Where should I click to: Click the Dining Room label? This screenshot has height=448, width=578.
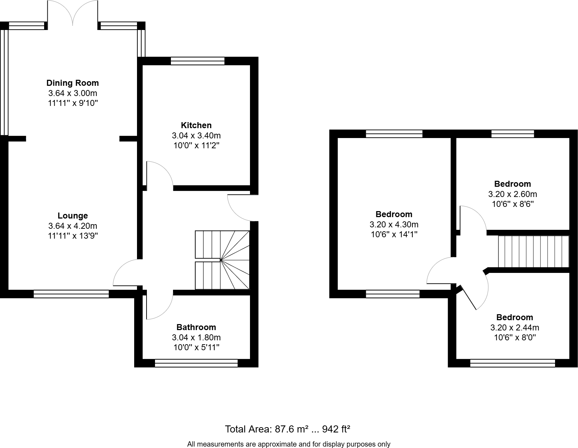pyautogui.click(x=73, y=83)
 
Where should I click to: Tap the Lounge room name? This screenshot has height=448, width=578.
pyautogui.click(x=73, y=216)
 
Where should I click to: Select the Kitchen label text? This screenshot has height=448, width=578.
pyautogui.click(x=196, y=125)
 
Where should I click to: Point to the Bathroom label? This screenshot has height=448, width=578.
pyautogui.click(x=196, y=327)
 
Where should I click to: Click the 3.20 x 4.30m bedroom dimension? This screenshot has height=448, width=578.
pyautogui.click(x=394, y=225)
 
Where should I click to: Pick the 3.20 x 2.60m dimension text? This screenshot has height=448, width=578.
pyautogui.click(x=513, y=194)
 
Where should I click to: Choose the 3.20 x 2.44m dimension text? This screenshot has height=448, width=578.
pyautogui.click(x=515, y=328)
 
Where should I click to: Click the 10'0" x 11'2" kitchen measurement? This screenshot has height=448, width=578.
pyautogui.click(x=196, y=145)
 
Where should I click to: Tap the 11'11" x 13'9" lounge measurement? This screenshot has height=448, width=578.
pyautogui.click(x=73, y=236)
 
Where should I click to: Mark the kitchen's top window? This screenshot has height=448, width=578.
pyautogui.click(x=198, y=61)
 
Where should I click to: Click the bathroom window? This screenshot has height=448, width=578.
pyautogui.click(x=196, y=363)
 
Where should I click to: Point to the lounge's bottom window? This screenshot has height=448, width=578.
pyautogui.click(x=71, y=294)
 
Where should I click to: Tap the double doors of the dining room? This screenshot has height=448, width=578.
pyautogui.click(x=73, y=14)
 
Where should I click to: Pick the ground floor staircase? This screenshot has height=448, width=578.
pyautogui.click(x=222, y=260)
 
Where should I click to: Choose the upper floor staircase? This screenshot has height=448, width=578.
pyautogui.click(x=534, y=252)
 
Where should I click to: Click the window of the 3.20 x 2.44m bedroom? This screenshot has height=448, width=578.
pyautogui.click(x=513, y=363)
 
